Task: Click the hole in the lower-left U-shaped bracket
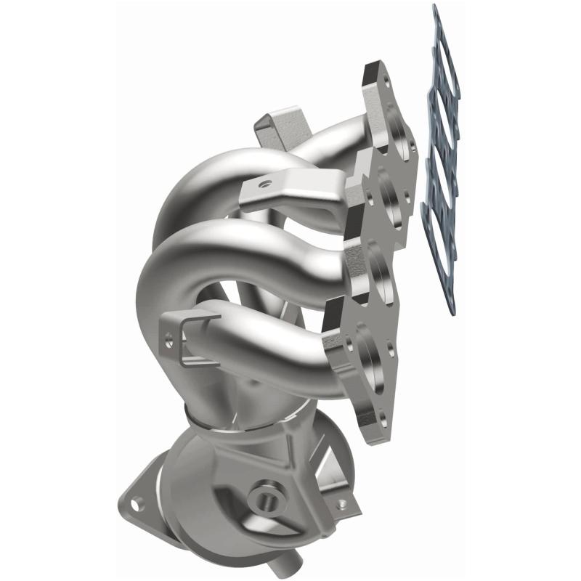[170, 337]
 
